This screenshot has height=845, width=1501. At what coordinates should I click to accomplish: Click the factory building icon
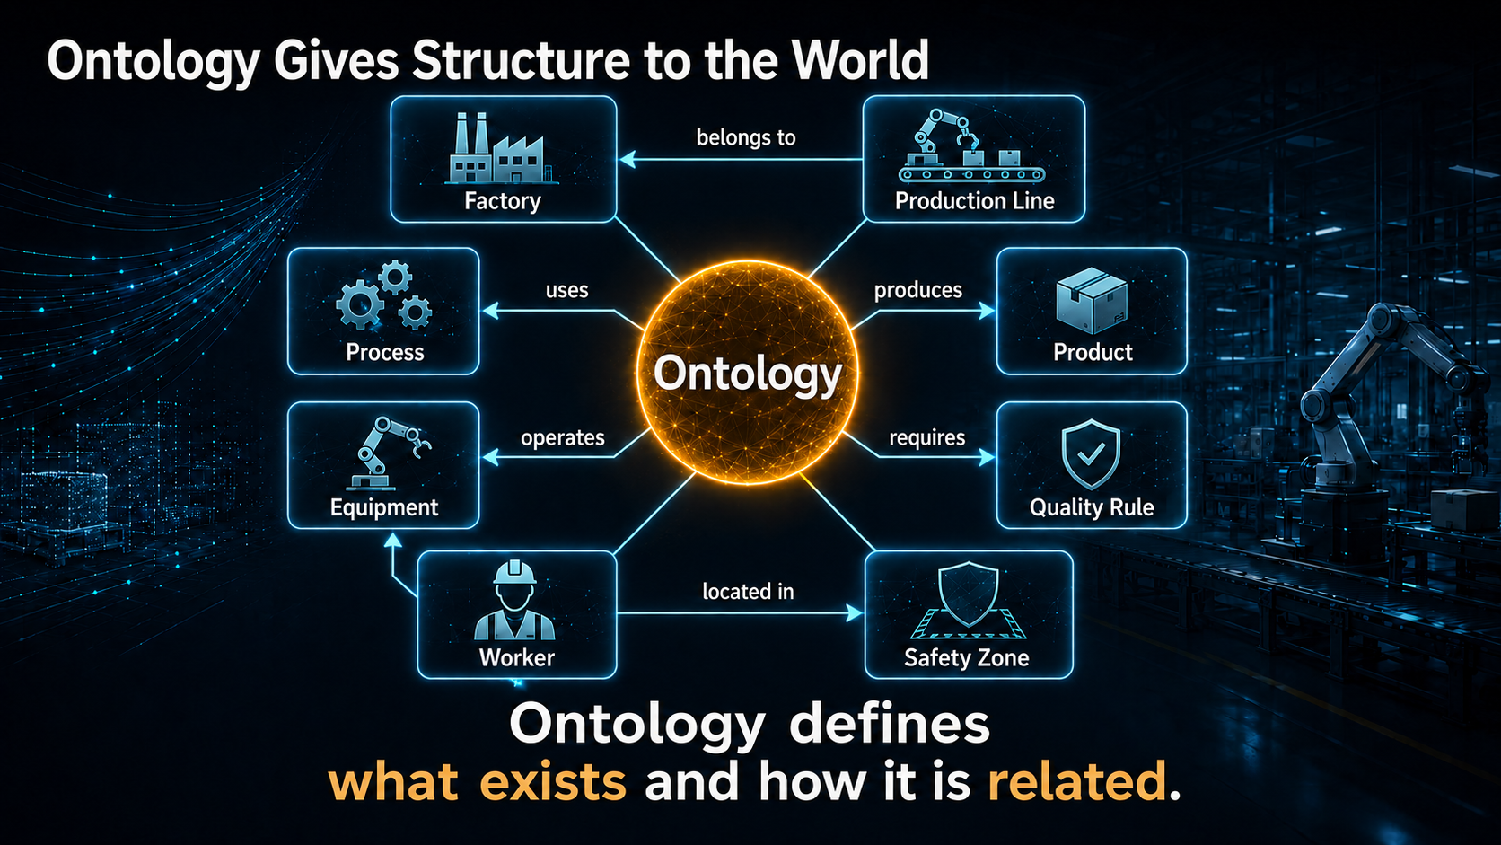(x=501, y=148)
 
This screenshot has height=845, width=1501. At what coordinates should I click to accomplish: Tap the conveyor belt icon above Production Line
(x=971, y=146)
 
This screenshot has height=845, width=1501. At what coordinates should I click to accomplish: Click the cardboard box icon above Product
(x=1092, y=300)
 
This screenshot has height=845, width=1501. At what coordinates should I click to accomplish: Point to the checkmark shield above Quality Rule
(x=1091, y=454)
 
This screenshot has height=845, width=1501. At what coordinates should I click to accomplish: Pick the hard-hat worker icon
(x=514, y=600)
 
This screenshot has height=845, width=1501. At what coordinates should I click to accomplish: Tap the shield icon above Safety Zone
(x=969, y=600)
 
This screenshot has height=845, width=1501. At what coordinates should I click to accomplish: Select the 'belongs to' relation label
(x=746, y=137)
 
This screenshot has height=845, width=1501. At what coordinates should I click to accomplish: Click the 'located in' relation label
(x=748, y=591)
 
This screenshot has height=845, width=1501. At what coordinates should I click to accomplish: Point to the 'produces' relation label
(x=918, y=290)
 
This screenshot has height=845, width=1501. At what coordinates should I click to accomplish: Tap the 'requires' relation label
(x=926, y=437)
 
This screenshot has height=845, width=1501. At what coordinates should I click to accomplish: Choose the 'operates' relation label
(x=563, y=438)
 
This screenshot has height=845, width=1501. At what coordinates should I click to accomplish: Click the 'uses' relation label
(x=566, y=290)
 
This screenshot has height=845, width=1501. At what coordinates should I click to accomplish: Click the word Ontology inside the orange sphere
(x=747, y=374)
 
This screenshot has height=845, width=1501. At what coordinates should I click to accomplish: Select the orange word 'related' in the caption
(x=1077, y=781)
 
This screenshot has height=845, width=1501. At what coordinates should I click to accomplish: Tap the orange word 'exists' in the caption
(x=554, y=781)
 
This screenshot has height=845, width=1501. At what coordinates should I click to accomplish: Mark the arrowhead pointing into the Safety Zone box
(x=855, y=612)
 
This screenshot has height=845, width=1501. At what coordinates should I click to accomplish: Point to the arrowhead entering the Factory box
(x=627, y=160)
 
